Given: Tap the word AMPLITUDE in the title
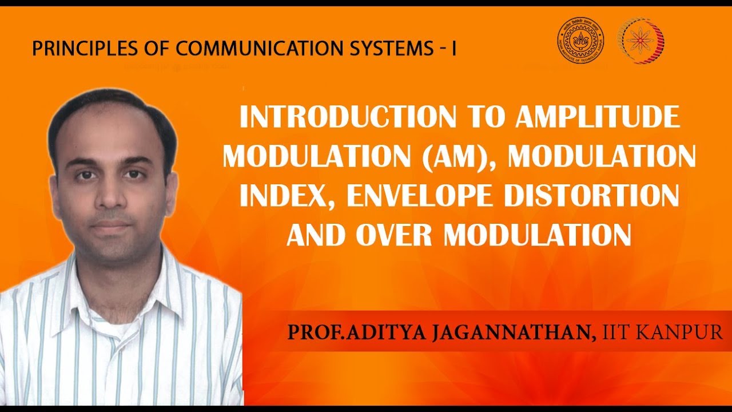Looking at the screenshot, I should tap(597, 118).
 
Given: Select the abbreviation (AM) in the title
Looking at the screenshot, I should tap(461, 157).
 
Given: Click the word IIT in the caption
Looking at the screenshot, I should tap(616, 332).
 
